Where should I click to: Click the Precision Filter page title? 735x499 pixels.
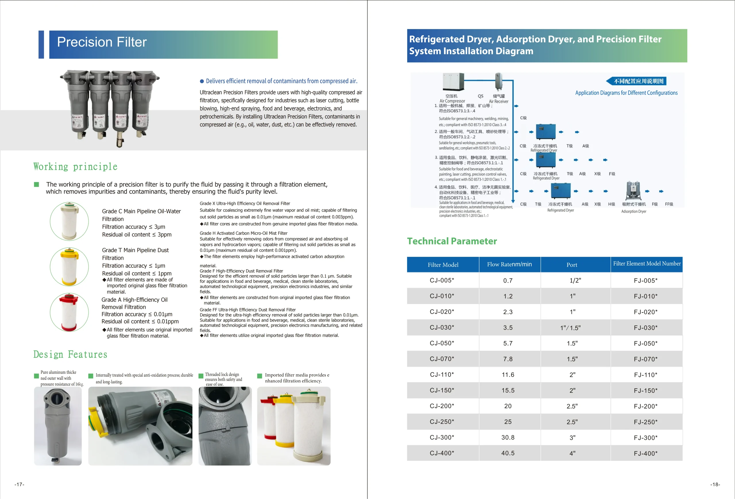(102, 42)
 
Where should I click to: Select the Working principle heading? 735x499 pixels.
(75, 166)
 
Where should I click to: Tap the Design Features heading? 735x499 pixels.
(70, 354)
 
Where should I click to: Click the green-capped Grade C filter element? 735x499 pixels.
(69, 221)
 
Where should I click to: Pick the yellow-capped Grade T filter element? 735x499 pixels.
(69, 267)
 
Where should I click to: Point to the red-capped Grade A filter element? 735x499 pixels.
(69, 312)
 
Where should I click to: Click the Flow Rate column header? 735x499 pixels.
(510, 264)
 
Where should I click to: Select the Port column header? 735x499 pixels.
(572, 265)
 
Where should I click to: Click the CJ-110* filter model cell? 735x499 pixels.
(442, 375)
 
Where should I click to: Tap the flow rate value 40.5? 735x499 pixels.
(508, 453)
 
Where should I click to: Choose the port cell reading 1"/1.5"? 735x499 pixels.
(570, 328)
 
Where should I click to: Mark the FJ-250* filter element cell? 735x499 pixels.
(645, 422)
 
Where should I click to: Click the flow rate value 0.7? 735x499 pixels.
(508, 281)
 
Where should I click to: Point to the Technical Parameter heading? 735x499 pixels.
(452, 241)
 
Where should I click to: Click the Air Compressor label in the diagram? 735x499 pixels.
(452, 101)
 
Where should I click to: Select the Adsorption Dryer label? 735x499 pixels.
(634, 211)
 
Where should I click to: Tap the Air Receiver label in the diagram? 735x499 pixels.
(499, 101)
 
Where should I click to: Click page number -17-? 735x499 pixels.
(19, 484)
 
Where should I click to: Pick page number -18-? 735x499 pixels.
(715, 484)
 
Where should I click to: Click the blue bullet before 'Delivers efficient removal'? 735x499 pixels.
(202, 81)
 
